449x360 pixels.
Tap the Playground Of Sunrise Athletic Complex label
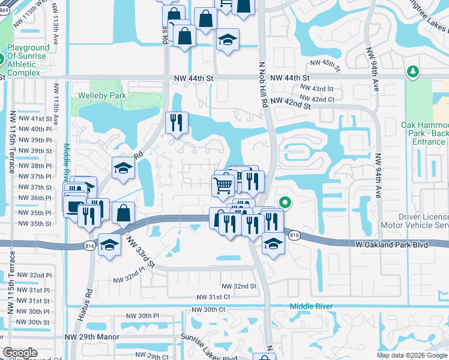28,60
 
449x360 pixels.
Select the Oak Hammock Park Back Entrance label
424,133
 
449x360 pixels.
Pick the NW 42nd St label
290,104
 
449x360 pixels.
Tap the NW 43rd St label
316,89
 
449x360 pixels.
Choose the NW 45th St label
325,63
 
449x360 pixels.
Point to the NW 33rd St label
140,252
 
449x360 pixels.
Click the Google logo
20,353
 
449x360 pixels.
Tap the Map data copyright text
411,355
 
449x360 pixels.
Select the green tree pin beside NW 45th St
412,73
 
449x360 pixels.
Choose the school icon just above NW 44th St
228,40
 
